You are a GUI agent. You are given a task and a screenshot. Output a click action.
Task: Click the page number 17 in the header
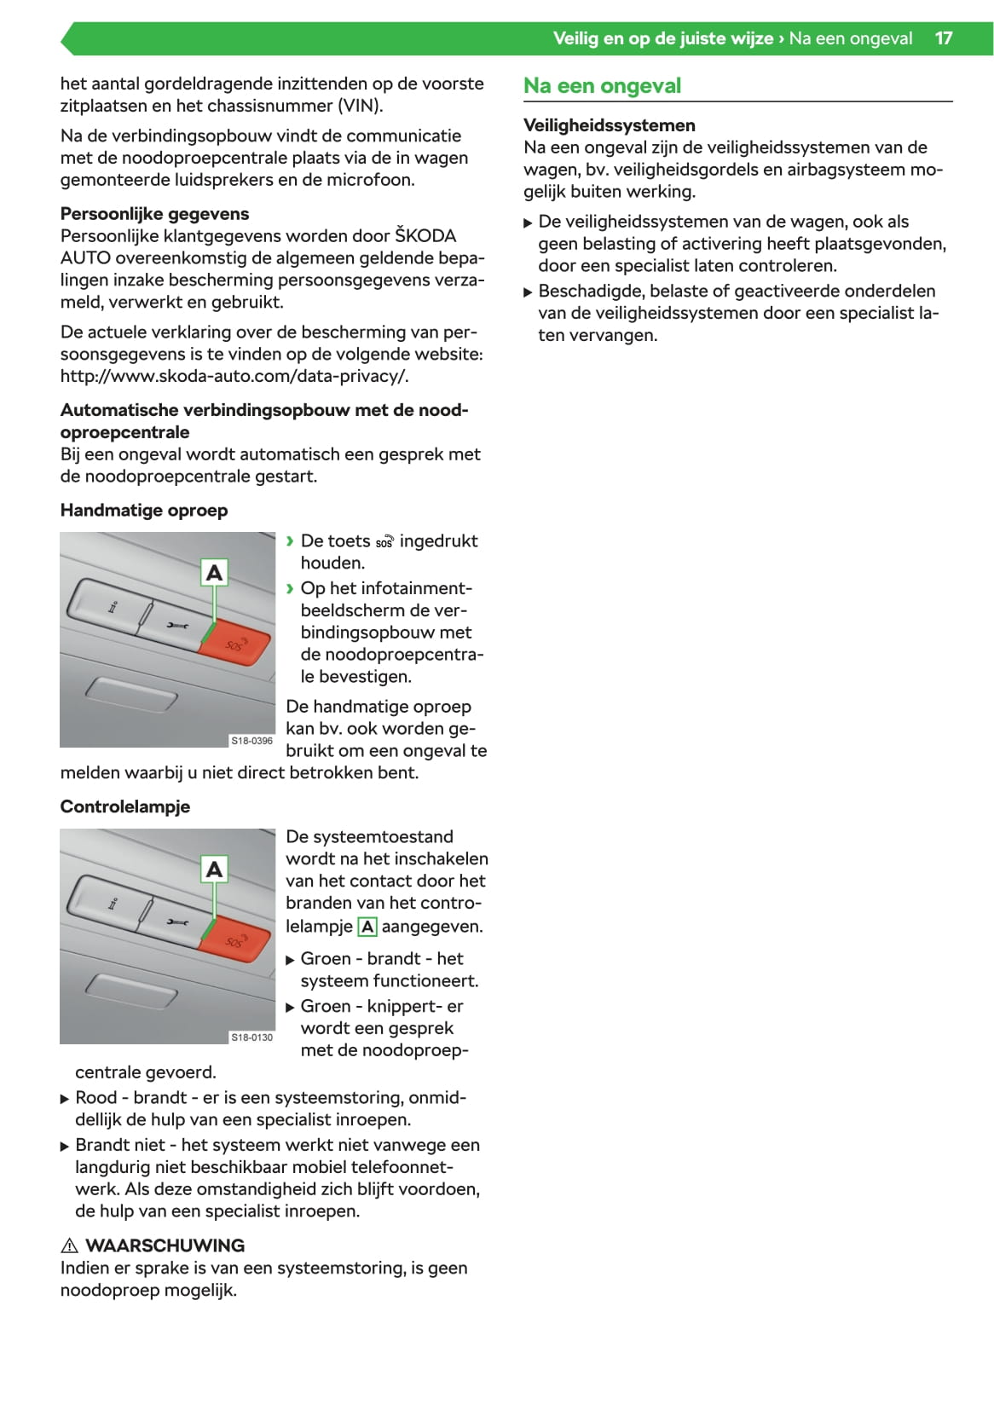pyautogui.click(x=943, y=38)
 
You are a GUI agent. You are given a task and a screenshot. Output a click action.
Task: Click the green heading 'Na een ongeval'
pyautogui.click(x=602, y=86)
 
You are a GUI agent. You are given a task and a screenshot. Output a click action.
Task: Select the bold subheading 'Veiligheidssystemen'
pyautogui.click(x=609, y=125)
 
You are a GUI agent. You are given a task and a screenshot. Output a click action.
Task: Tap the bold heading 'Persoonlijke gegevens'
pyautogui.click(x=154, y=214)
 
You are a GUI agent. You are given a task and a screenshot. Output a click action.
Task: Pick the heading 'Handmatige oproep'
pyautogui.click(x=144, y=511)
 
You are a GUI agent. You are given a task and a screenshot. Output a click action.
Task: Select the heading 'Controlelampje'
pyautogui.click(x=125, y=806)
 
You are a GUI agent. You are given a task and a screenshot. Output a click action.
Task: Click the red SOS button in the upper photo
pyautogui.click(x=235, y=644)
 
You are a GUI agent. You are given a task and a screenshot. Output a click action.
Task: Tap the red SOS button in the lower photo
pyautogui.click(x=235, y=940)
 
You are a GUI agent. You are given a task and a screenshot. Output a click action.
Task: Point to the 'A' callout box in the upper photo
pyautogui.click(x=215, y=572)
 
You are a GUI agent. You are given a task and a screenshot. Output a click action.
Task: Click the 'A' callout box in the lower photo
pyautogui.click(x=215, y=869)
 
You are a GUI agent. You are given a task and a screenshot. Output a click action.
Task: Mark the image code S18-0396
pyautogui.click(x=251, y=741)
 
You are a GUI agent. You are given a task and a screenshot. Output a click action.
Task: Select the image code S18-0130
pyautogui.click(x=251, y=1037)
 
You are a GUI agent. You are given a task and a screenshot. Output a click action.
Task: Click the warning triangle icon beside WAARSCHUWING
pyautogui.click(x=70, y=1245)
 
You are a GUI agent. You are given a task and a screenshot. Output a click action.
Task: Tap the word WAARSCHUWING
pyautogui.click(x=165, y=1245)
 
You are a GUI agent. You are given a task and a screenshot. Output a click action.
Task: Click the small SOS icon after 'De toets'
pyautogui.click(x=384, y=542)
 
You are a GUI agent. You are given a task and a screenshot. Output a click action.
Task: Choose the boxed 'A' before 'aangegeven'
pyautogui.click(x=367, y=927)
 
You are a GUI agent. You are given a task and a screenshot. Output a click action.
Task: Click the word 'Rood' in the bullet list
pyautogui.click(x=96, y=1098)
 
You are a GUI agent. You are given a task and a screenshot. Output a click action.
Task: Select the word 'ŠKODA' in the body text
pyautogui.click(x=425, y=236)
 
